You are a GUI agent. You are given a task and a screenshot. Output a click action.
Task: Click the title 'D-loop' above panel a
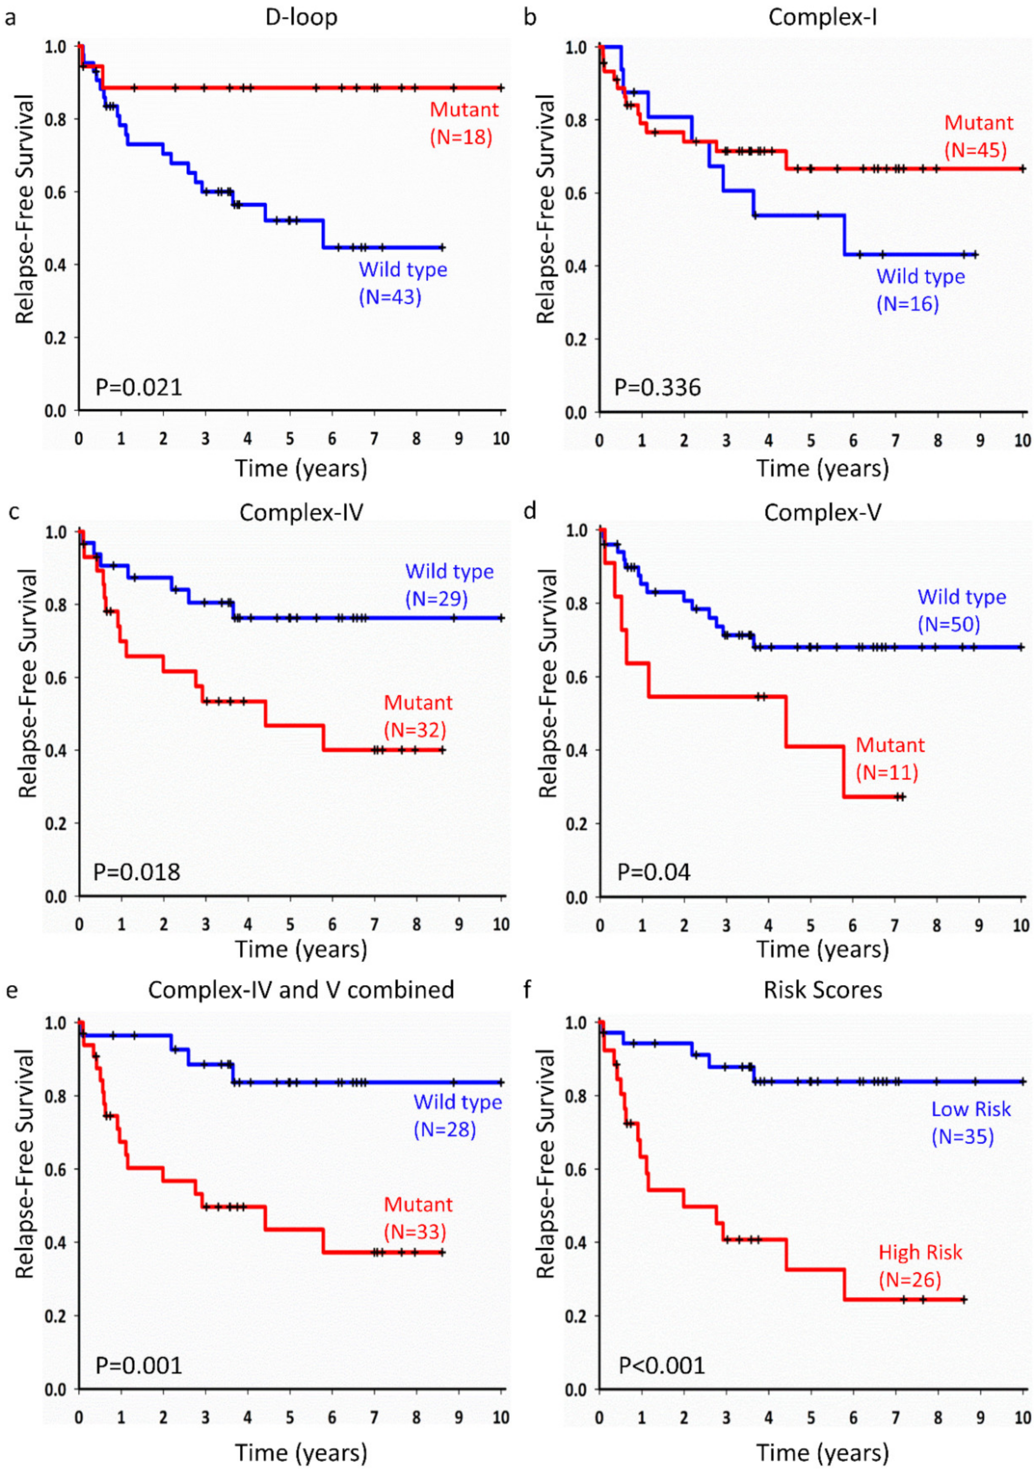pos(301,17)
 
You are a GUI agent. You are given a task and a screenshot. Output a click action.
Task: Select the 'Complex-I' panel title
pos(823,17)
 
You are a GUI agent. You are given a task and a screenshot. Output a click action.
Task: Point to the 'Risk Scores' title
pos(823,989)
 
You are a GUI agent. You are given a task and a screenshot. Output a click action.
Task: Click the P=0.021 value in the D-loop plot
pos(139,387)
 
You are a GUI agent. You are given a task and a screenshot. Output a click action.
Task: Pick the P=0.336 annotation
pos(658,387)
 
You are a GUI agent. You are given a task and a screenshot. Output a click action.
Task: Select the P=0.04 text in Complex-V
pos(654,872)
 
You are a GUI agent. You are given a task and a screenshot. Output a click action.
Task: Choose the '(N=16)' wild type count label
pos(908,303)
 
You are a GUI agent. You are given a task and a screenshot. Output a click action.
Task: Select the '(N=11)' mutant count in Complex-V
pos(887,772)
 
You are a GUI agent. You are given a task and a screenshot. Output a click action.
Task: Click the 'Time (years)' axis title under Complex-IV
pos(301,949)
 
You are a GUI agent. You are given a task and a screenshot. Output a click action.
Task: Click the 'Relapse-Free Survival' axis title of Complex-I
pos(545,209)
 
